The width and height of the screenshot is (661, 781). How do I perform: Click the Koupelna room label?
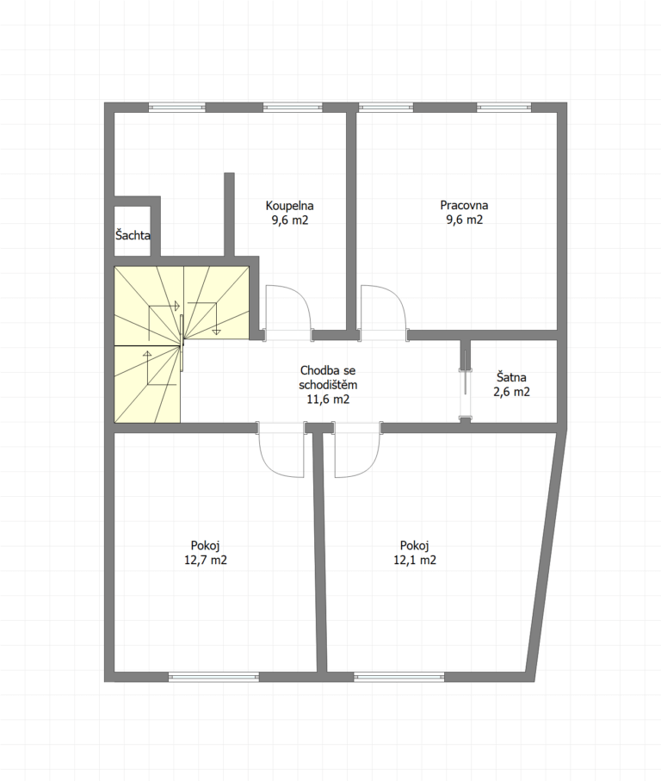(x=289, y=205)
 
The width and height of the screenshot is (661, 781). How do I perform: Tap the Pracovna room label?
(x=464, y=205)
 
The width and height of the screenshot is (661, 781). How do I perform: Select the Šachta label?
(x=133, y=234)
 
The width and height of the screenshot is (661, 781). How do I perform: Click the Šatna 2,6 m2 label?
(x=512, y=385)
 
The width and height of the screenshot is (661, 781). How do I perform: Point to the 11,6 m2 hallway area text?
(x=328, y=399)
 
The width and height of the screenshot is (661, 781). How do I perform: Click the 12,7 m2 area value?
(x=206, y=560)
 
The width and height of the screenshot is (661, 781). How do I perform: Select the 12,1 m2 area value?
(x=415, y=560)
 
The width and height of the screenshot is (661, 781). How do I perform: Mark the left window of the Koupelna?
(x=176, y=107)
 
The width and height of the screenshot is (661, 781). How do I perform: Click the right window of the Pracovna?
(x=503, y=107)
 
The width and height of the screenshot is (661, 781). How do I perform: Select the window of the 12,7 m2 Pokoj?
(x=214, y=677)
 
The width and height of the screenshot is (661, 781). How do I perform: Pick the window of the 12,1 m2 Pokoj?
(x=399, y=677)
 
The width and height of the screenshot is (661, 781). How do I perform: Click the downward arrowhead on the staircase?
(x=217, y=331)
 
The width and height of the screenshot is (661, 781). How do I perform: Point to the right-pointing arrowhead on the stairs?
(x=176, y=306)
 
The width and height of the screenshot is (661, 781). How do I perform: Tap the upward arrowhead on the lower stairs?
(x=147, y=354)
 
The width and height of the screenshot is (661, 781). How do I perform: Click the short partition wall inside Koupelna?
(x=229, y=214)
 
